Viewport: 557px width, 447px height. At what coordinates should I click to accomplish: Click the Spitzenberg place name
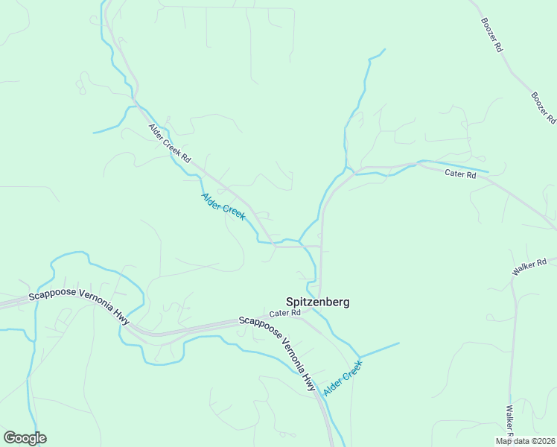tap(318, 302)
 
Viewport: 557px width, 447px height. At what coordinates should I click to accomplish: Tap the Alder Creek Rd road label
tap(170, 143)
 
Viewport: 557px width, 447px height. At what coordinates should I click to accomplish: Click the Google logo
tap(25, 438)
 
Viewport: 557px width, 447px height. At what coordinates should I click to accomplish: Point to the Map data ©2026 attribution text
tap(525, 441)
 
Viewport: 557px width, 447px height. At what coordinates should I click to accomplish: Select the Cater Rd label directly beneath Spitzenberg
tap(285, 314)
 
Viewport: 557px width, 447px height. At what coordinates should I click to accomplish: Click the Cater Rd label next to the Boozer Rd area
tap(460, 174)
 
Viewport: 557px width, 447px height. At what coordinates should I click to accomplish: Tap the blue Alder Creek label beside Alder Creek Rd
tap(223, 206)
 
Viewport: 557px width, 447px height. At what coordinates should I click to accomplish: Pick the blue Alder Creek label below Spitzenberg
tap(343, 378)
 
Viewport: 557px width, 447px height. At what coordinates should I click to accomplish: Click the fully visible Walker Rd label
tap(529, 267)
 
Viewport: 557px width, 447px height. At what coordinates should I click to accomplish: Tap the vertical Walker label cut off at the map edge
tap(509, 421)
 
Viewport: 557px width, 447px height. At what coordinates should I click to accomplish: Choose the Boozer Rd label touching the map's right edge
tap(544, 108)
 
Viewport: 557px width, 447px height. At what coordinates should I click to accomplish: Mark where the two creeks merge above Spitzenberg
tap(299, 241)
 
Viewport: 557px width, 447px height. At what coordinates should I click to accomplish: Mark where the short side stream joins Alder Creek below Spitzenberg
tap(359, 356)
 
